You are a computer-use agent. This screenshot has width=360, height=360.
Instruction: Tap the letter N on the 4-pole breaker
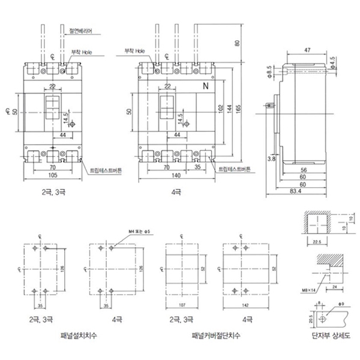(206, 86)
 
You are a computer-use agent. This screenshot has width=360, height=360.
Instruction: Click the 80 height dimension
(237, 43)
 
